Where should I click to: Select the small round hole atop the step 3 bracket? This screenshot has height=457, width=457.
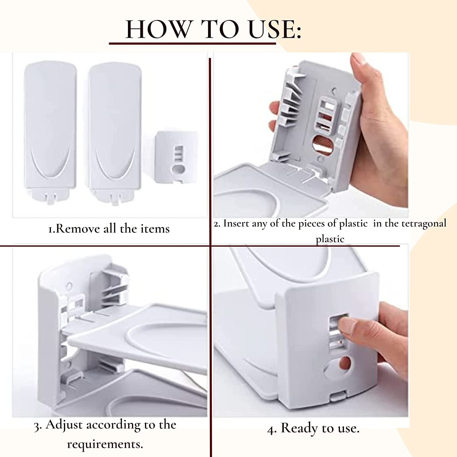click(x=69, y=286)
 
